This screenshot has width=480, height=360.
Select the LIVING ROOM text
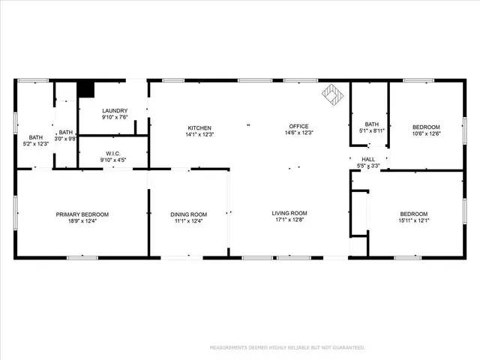click(289, 214)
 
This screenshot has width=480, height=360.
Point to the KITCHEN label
click(199, 127)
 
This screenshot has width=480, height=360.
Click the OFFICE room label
click(298, 126)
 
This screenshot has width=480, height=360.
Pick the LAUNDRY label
click(114, 110)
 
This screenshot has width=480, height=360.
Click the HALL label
click(368, 159)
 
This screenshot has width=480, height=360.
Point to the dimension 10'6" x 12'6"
click(425, 134)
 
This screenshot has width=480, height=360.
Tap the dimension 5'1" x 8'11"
click(372, 130)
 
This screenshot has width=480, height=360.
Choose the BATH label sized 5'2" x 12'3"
click(36, 137)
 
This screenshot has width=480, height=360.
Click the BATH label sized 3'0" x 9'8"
click(66, 133)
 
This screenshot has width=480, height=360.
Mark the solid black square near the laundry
click(86, 88)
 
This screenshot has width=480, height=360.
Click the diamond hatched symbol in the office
click(332, 94)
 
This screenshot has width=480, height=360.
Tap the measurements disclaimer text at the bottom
click(286, 347)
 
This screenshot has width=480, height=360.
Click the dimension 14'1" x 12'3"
click(199, 134)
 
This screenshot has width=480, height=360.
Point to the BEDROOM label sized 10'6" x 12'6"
click(425, 127)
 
